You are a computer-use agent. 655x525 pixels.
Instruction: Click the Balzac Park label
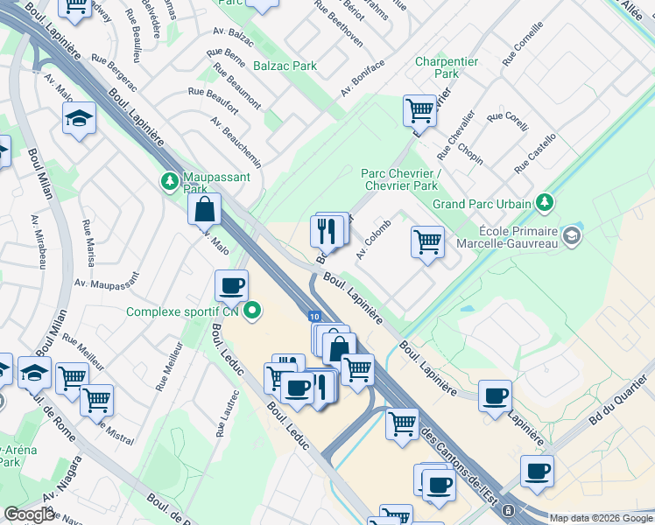(x=285, y=66)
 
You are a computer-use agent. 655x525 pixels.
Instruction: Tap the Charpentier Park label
(x=447, y=67)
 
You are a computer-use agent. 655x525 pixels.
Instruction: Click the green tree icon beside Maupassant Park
(x=168, y=182)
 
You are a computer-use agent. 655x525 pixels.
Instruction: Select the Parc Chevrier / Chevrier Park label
(x=399, y=179)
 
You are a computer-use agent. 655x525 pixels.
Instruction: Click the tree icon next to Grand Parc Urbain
(x=546, y=203)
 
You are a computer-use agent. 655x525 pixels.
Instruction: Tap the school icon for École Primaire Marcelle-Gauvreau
(x=572, y=234)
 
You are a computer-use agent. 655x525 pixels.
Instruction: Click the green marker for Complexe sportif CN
(x=253, y=311)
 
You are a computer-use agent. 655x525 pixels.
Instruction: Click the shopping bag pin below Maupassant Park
(x=204, y=211)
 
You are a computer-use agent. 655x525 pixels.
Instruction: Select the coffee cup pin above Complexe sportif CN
(x=232, y=286)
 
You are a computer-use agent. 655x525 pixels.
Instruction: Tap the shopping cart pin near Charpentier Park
(x=420, y=111)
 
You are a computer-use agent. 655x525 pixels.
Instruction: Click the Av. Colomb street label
(x=372, y=240)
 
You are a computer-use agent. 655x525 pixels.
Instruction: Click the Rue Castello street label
(x=536, y=153)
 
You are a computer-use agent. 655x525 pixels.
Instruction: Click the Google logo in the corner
(x=30, y=514)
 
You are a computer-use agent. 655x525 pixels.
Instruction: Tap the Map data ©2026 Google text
(x=601, y=518)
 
